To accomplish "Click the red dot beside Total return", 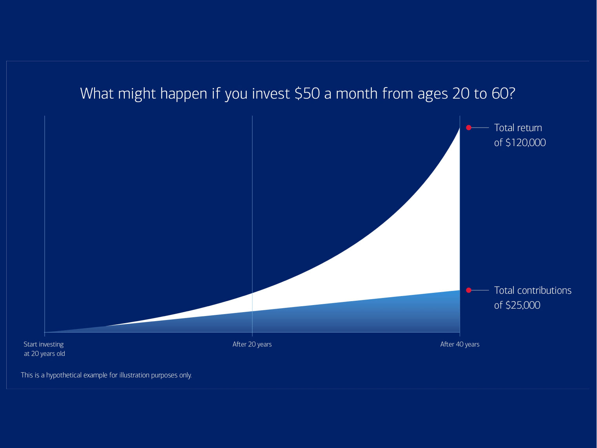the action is (469, 127).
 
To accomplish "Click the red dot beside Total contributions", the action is (469, 290).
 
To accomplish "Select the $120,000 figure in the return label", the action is (526, 143).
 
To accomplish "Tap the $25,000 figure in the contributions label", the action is (523, 305).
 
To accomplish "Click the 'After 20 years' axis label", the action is (252, 344).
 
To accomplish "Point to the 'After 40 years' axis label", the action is (460, 344).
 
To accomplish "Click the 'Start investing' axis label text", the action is (44, 344).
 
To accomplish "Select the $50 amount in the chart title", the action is (308, 93).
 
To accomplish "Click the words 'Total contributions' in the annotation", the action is (533, 291).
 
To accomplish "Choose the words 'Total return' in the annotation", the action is (518, 128).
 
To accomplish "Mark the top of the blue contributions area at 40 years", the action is (460, 291).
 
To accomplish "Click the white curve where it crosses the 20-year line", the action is (252, 293).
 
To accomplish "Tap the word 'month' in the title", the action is (357, 93).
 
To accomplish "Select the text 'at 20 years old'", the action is (44, 353).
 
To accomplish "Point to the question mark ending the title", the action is (512, 93).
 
